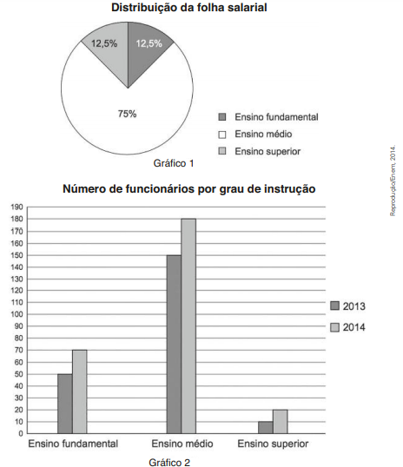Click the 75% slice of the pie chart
(x=127, y=119)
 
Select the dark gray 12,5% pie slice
(x=145, y=50)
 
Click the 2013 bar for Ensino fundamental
(x=65, y=404)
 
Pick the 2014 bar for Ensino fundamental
(x=80, y=391)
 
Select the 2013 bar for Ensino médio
(x=174, y=345)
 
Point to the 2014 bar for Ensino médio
(x=188, y=326)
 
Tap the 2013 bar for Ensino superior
(x=266, y=427)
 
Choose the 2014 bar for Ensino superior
(x=281, y=422)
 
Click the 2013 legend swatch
(x=334, y=306)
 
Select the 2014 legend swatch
(x=334, y=327)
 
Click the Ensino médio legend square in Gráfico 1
(x=222, y=135)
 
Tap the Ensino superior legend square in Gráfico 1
(x=222, y=151)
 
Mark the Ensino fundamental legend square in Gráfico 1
(x=222, y=116)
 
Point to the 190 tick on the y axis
(x=17, y=207)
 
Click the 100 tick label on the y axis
(x=17, y=314)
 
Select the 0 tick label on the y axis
(x=21, y=434)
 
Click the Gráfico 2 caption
(x=169, y=462)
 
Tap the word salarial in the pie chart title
(x=248, y=8)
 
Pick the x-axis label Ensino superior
(x=273, y=444)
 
